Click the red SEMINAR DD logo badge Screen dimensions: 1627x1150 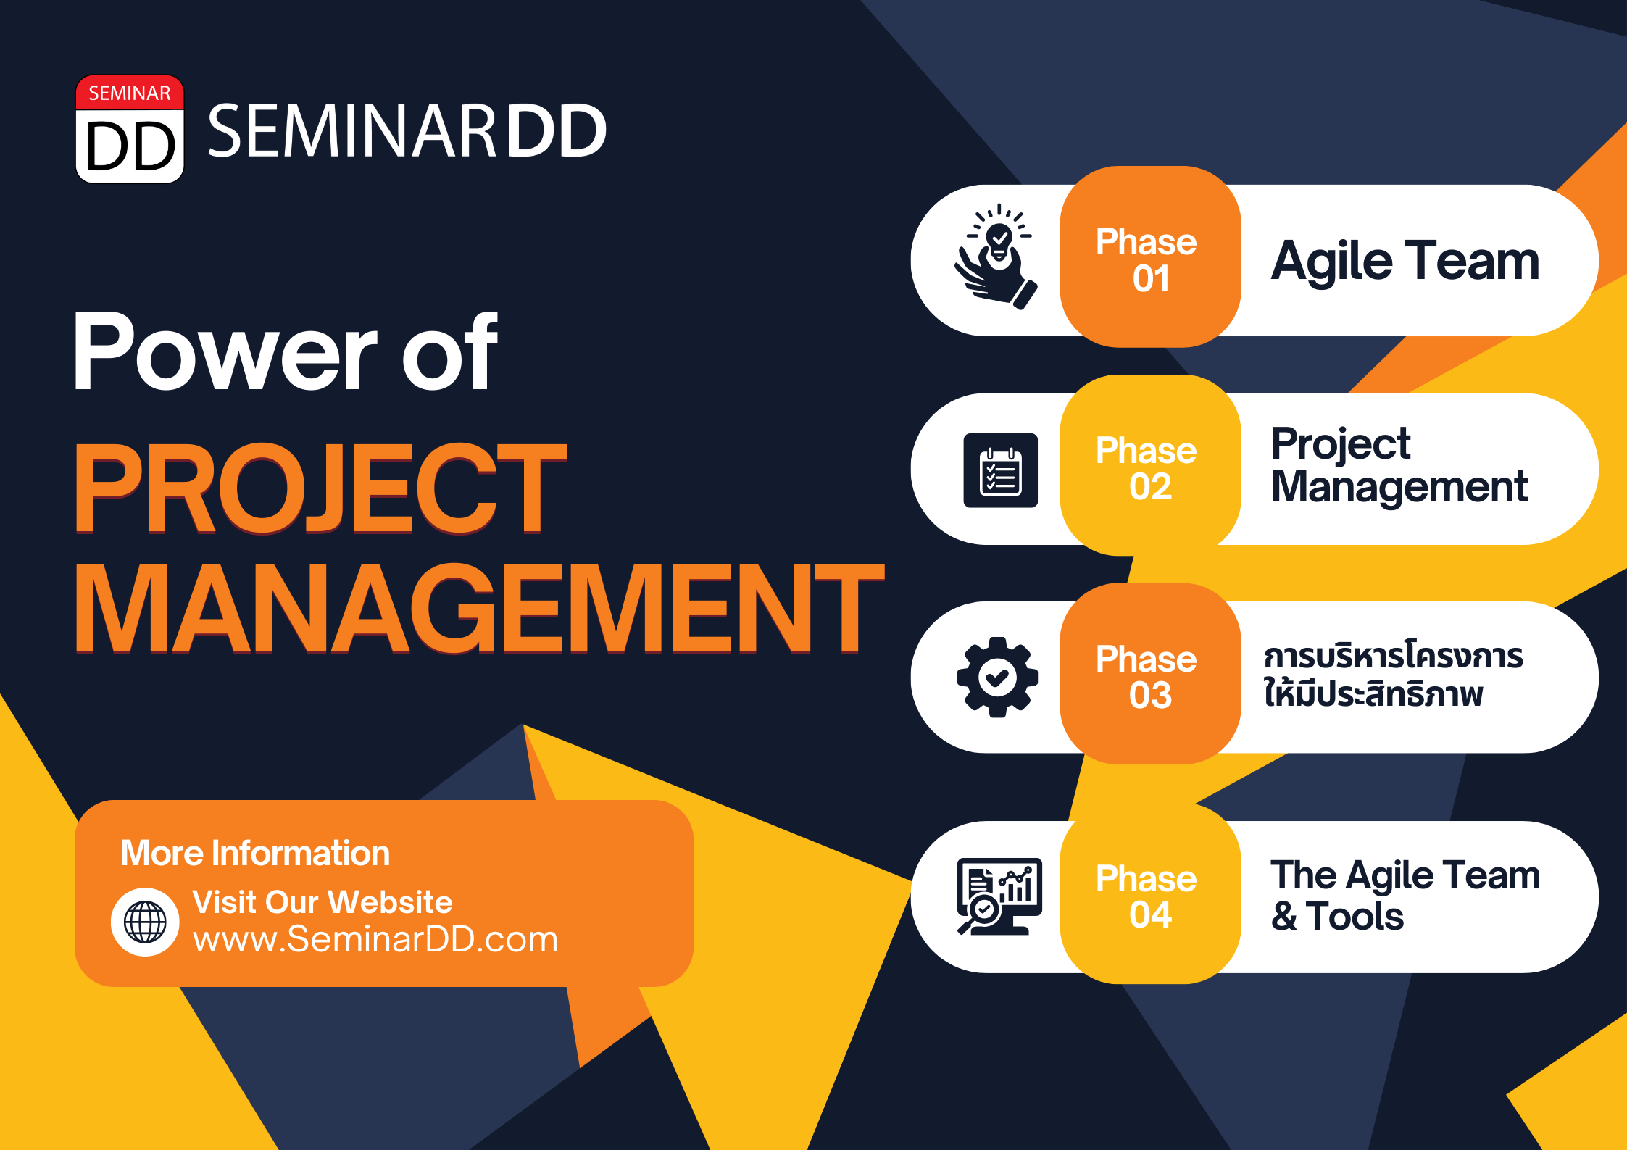tap(130, 129)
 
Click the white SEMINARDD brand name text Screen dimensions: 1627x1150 tap(407, 130)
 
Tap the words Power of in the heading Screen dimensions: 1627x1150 tap(286, 351)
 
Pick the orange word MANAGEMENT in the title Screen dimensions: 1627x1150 tap(479, 607)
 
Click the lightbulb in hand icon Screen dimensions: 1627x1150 tap(996, 257)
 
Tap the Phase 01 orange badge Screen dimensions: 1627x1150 tap(1150, 257)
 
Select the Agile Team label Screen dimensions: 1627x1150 tap(1405, 261)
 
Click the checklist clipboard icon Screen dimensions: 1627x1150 tap(1000, 470)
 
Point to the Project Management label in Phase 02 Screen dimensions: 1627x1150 tap(1399, 465)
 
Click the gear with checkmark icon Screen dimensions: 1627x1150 tap(997, 677)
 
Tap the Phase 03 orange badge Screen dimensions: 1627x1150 tap(1150, 674)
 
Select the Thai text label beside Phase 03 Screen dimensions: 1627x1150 tap(1393, 673)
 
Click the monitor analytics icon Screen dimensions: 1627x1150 tap(999, 896)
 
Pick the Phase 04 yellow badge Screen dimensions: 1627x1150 tap(1150, 894)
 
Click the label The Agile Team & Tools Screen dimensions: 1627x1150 tap(1405, 895)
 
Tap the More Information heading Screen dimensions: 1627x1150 tap(255, 853)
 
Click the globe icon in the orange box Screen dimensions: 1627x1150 tap(145, 922)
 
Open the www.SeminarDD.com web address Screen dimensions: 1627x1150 tap(375, 939)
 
